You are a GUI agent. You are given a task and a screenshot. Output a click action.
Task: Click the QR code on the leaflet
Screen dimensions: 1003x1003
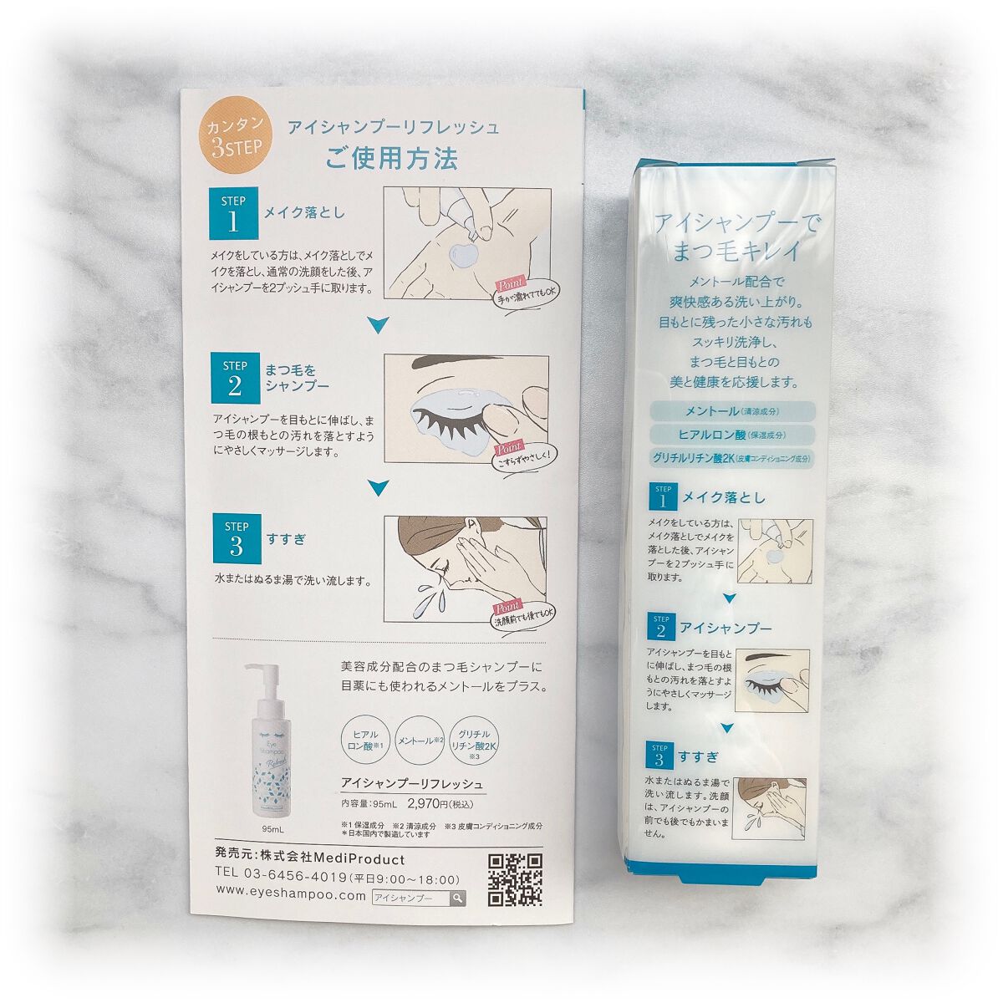[514, 880]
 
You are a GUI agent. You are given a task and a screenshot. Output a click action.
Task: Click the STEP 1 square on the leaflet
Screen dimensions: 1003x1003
[233, 215]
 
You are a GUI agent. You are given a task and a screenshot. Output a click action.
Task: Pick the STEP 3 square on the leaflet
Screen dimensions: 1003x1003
[236, 539]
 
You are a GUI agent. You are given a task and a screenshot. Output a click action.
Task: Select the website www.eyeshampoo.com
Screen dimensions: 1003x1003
[291, 896]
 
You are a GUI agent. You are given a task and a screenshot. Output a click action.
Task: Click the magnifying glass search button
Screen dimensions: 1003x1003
[456, 899]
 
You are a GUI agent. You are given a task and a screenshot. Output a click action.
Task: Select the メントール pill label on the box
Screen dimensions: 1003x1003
[733, 411]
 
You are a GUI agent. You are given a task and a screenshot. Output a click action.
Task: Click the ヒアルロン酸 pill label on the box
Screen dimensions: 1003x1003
[733, 435]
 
